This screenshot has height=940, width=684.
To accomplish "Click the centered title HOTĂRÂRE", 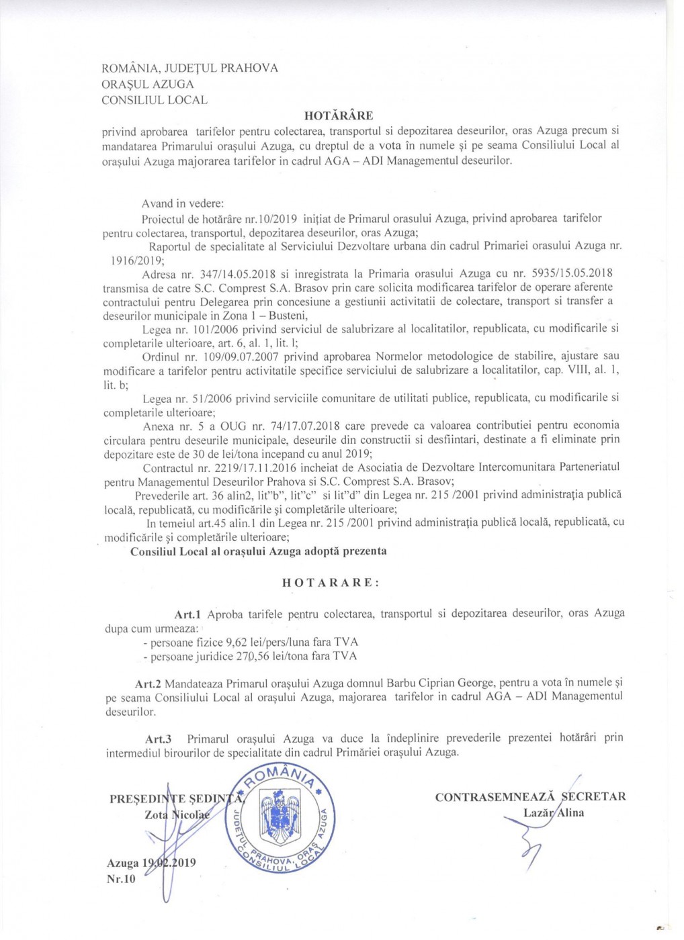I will [338, 115].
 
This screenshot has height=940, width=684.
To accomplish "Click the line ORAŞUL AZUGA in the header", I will [147, 84].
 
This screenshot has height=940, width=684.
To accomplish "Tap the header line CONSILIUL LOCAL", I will [154, 100].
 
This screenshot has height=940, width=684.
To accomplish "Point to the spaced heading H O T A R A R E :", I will [331, 583].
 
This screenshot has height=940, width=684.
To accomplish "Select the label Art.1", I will [187, 614].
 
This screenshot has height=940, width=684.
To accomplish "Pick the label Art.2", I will [148, 684].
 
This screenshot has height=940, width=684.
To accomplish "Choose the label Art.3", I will [159, 739].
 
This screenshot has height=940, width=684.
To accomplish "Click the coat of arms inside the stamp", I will [280, 818].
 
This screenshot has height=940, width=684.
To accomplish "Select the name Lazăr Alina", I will [554, 813].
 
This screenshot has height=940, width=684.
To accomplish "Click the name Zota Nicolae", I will [177, 814].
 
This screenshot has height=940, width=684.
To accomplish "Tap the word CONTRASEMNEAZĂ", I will [495, 797].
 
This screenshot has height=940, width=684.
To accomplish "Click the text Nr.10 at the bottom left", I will [121, 879].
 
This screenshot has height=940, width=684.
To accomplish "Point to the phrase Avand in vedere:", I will [183, 203].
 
